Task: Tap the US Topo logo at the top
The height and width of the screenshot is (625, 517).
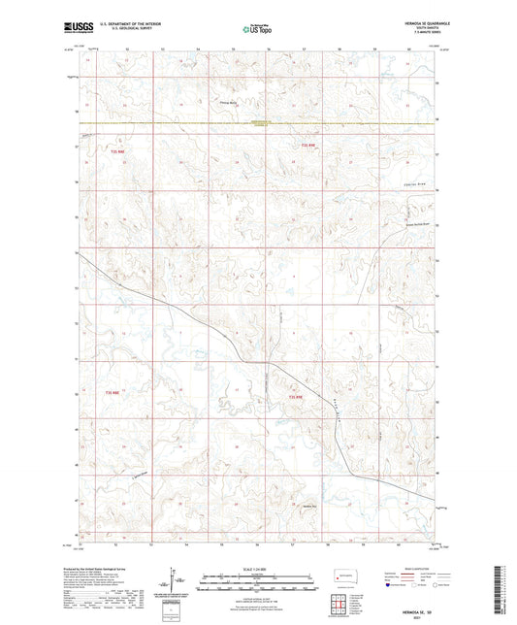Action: (x=257, y=30)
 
